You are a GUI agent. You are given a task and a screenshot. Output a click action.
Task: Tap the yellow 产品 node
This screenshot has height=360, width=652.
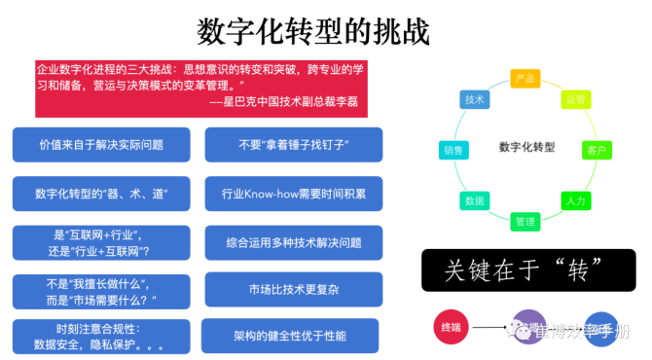[525, 77]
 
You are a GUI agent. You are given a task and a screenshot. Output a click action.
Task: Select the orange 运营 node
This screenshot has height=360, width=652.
[574, 99]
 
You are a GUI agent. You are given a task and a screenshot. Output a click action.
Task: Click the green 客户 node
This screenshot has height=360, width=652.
[597, 149]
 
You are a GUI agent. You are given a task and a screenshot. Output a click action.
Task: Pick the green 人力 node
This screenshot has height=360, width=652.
[574, 199]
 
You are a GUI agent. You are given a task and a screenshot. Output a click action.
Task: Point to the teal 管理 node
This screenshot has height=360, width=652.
[525, 222]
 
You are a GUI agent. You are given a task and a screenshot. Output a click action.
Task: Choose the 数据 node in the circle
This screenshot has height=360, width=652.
[475, 199]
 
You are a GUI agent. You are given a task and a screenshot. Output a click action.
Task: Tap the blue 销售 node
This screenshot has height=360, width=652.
[454, 149]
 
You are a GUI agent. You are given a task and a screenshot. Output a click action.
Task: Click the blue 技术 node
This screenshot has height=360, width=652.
[475, 99]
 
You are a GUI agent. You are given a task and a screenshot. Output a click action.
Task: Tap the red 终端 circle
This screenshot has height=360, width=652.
[451, 327]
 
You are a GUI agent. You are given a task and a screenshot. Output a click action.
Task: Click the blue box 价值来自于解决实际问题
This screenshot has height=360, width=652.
[101, 144]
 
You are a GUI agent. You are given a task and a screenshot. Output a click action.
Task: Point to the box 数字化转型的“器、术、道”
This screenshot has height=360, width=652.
[101, 193]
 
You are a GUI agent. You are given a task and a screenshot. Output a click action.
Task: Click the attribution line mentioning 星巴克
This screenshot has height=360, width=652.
[276, 100]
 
